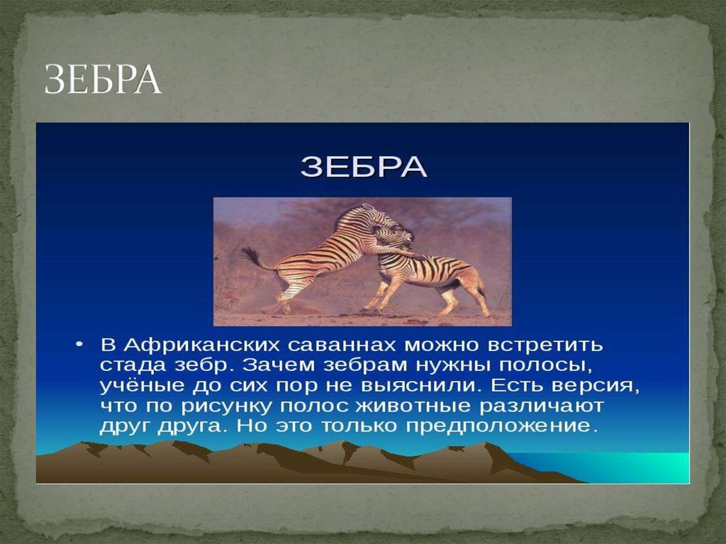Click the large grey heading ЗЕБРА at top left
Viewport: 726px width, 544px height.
pos(104,80)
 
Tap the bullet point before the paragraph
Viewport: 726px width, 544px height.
pos(79,345)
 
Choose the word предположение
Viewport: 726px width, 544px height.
pos(488,428)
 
